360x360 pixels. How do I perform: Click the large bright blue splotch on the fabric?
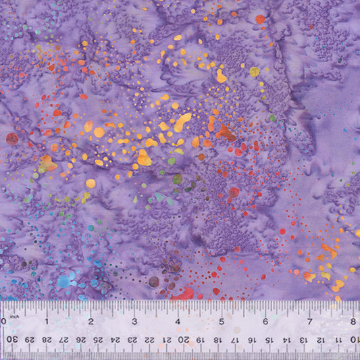(67, 280)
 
